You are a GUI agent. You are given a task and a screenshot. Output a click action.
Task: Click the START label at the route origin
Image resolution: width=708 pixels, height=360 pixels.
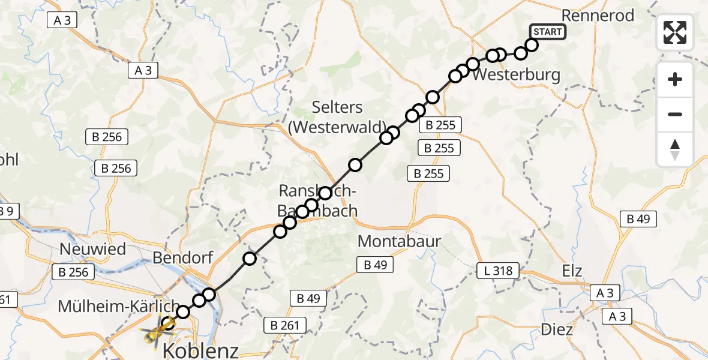click(547, 32)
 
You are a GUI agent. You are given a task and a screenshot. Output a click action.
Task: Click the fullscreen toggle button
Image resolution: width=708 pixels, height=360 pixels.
click(675, 32)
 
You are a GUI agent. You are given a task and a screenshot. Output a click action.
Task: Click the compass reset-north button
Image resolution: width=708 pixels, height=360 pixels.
click(675, 149)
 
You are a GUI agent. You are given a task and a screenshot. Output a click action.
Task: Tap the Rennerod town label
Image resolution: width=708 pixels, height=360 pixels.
click(597, 16)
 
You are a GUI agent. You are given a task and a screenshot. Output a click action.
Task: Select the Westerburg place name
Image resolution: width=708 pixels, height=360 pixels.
click(516, 76)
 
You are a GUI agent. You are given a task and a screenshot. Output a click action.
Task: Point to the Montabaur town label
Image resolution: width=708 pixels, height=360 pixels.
click(399, 242)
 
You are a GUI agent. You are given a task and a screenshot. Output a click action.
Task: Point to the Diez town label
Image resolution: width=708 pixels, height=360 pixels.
click(557, 329)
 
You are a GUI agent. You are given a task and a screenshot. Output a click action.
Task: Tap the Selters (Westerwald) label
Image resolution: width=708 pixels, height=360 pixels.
click(337, 117)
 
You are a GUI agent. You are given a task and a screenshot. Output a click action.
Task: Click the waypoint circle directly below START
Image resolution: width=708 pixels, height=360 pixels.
click(532, 45)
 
